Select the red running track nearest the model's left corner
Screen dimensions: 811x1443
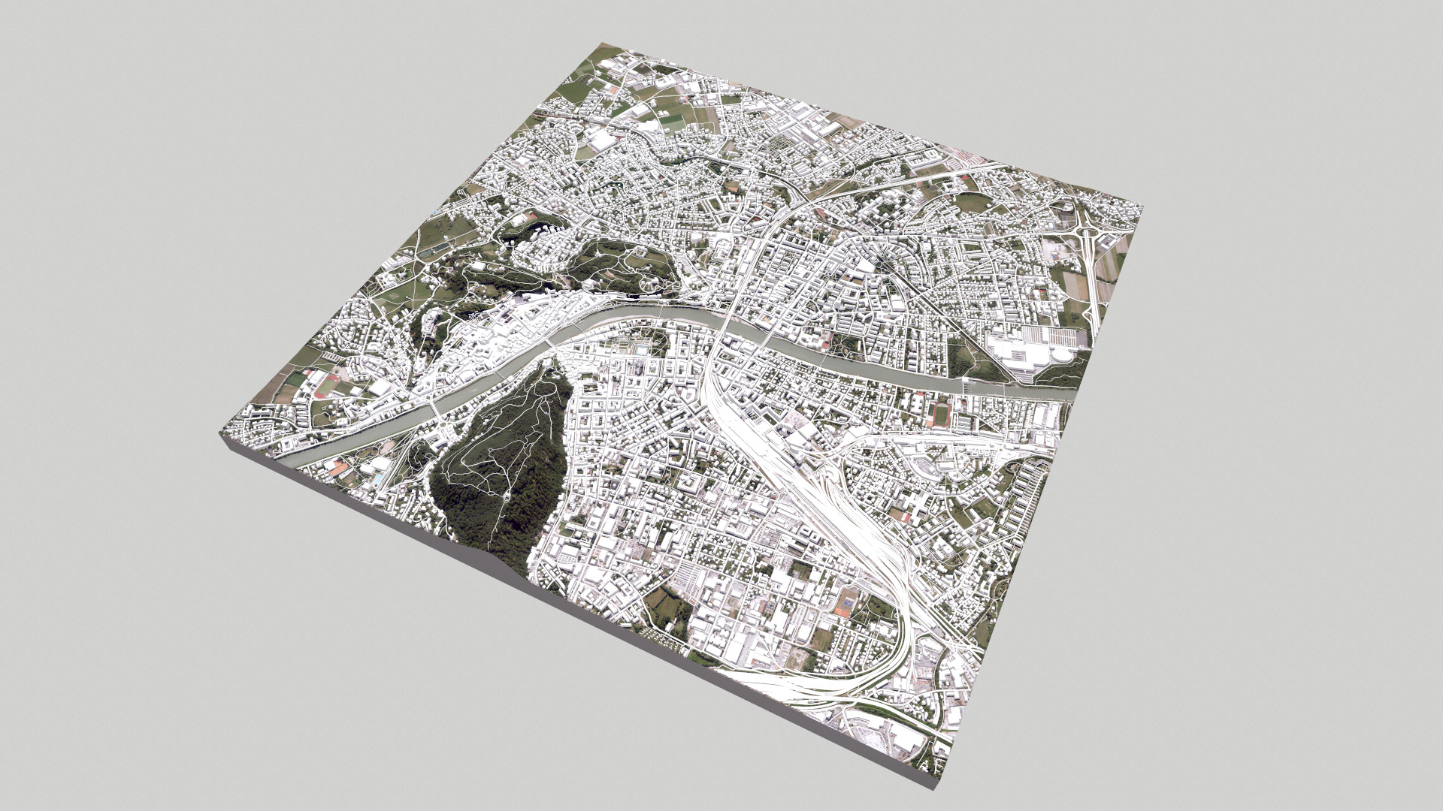coord(328,386)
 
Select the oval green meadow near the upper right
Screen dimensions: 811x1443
coord(973,200)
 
